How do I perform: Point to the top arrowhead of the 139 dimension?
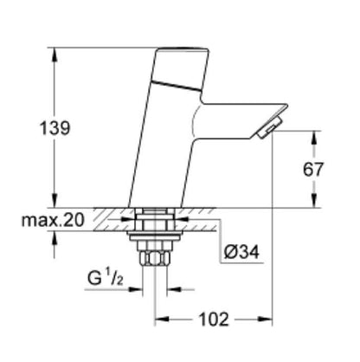[x=59, y=47]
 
